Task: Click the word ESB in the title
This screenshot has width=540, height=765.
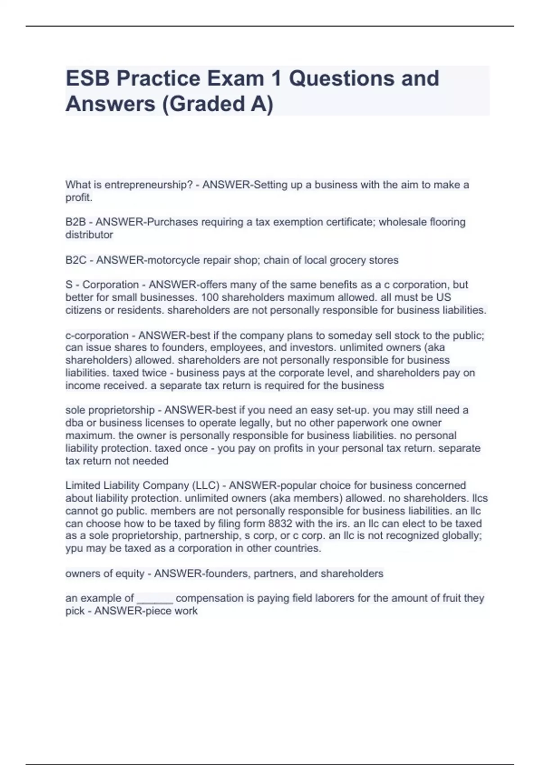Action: [88, 78]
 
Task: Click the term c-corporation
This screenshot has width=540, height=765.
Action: [97, 335]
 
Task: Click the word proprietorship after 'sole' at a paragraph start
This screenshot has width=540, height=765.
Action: [121, 410]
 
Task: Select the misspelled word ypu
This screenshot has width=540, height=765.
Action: [73, 548]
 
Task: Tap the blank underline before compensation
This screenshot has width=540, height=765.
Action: [154, 599]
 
